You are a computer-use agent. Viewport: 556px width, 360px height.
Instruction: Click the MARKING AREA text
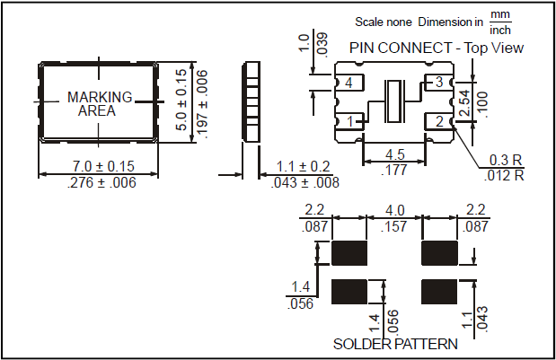[x=100, y=104]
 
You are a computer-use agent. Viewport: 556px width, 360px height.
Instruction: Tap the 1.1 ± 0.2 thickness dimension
[x=304, y=167]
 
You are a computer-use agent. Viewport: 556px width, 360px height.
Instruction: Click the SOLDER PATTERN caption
[x=395, y=344]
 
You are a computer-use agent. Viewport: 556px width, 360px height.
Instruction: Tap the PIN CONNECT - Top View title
[x=437, y=48]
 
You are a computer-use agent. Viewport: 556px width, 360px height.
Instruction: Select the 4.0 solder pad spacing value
[x=393, y=211]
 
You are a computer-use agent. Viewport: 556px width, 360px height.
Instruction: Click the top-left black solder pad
[x=348, y=252]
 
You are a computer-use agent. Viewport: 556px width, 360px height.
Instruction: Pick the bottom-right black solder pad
[x=439, y=292]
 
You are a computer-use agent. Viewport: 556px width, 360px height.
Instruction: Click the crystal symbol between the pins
[x=393, y=101]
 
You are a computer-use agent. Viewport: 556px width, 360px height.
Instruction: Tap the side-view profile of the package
[x=252, y=101]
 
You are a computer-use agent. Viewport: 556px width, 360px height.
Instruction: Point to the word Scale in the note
[x=372, y=20]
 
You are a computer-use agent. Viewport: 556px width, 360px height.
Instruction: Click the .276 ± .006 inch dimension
[x=100, y=183]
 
